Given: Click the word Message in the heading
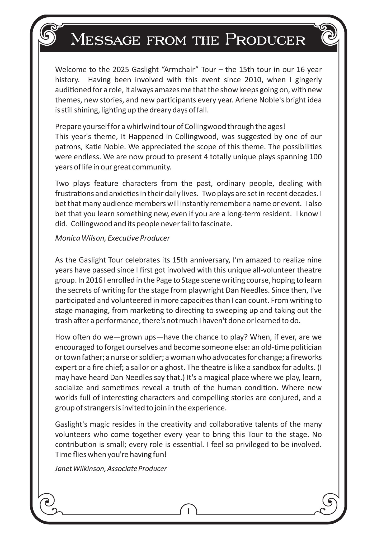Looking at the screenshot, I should [105, 40].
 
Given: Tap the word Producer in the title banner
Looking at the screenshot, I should [265, 40].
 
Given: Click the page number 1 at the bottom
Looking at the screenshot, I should [188, 512].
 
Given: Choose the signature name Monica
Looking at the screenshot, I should [64, 238].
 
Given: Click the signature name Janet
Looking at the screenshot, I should [63, 469].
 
